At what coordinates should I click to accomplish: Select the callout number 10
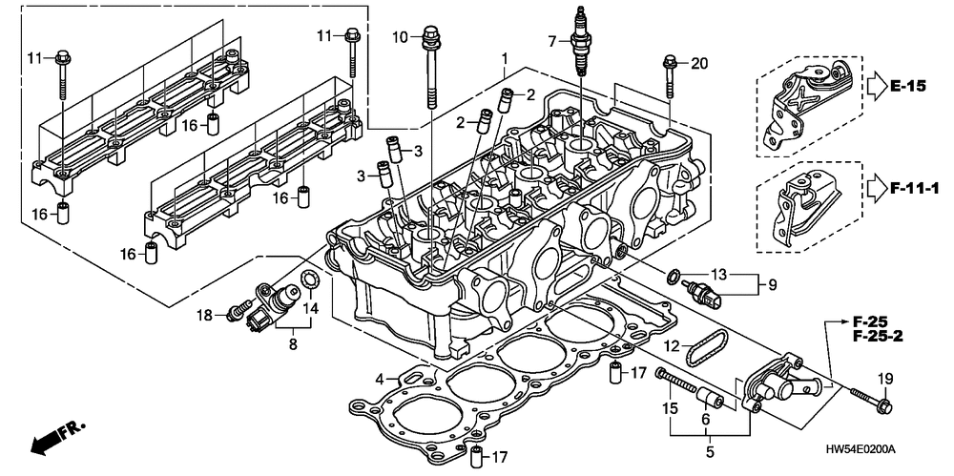point(401,37)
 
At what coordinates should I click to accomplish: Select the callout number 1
point(506,59)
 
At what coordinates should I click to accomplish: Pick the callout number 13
point(720,274)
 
